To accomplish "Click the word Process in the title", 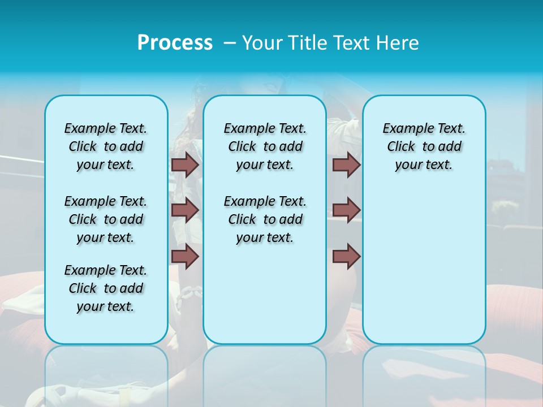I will tap(175, 43).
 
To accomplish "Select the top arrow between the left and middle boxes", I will tap(185, 164).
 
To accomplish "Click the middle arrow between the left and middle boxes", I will tap(185, 210).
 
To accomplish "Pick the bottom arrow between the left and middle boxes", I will tap(185, 257).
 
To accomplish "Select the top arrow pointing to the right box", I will tap(346, 164).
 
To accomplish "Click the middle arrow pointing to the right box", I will tap(346, 210).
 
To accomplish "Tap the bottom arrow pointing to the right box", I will tap(346, 257).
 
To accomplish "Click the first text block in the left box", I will tap(106, 146).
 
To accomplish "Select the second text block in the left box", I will tap(106, 219).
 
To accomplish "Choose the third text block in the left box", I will tap(106, 288).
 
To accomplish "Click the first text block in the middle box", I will tap(265, 146).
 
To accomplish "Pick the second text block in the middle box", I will tap(265, 219).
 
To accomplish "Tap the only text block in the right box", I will tap(424, 146).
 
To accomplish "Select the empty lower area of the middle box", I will tap(265, 294).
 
